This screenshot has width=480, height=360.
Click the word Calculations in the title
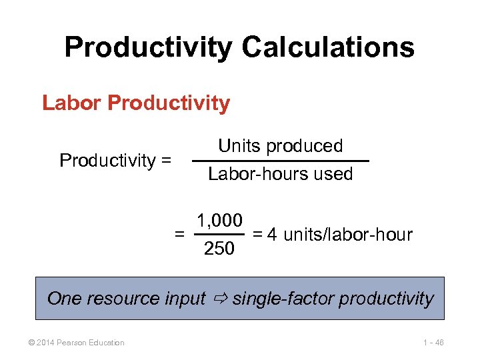(328, 47)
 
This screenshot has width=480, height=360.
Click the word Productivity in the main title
(148, 47)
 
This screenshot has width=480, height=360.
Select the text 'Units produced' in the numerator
(280, 146)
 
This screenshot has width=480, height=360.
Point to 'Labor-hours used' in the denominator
(280, 174)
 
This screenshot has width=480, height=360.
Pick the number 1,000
(219, 220)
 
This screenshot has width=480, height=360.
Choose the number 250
(219, 249)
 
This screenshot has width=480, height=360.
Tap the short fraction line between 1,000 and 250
(219, 235)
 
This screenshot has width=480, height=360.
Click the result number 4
(272, 235)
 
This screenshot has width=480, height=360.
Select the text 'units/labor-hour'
(347, 235)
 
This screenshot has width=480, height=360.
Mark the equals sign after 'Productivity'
(165, 161)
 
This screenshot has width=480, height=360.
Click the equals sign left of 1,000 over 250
(179, 235)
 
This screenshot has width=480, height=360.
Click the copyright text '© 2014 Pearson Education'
(72, 343)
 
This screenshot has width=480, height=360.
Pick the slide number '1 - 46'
(431, 343)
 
